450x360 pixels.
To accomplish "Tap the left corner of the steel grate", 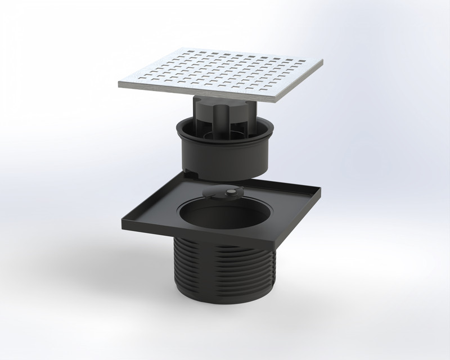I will [120, 84].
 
